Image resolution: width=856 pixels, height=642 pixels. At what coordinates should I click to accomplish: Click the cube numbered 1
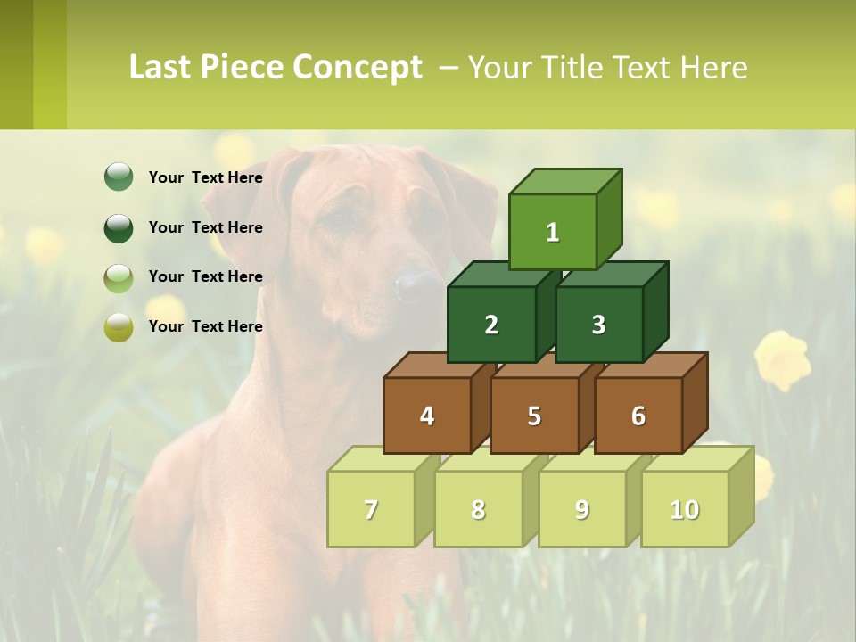click(553, 232)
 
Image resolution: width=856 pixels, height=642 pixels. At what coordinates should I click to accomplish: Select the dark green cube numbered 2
click(491, 325)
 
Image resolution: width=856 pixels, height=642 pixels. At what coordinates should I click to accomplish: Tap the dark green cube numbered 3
click(598, 325)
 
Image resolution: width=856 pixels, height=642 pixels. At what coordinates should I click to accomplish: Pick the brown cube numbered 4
click(427, 416)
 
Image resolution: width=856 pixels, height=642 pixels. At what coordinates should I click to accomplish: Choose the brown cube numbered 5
click(534, 416)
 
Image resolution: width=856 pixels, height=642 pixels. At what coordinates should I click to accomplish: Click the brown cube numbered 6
click(638, 416)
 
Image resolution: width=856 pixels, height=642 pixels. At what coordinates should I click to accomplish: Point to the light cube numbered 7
click(371, 509)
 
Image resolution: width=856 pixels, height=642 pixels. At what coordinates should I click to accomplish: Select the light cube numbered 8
click(478, 509)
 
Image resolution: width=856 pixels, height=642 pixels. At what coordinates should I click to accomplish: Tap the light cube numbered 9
click(582, 509)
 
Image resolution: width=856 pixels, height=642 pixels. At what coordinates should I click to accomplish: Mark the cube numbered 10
click(685, 509)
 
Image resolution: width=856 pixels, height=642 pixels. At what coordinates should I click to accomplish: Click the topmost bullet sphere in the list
click(119, 177)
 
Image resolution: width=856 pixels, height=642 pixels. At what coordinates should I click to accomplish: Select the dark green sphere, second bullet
click(119, 227)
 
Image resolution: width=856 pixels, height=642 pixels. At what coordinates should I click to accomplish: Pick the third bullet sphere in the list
click(119, 277)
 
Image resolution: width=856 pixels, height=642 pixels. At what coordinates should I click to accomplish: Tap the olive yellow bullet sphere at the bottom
click(119, 327)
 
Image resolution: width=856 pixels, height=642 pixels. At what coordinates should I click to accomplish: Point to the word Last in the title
click(162, 68)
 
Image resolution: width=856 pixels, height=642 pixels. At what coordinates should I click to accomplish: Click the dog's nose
click(416, 285)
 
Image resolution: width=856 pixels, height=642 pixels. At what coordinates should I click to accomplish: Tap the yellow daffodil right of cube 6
click(783, 359)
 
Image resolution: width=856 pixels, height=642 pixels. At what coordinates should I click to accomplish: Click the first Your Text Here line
click(206, 177)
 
